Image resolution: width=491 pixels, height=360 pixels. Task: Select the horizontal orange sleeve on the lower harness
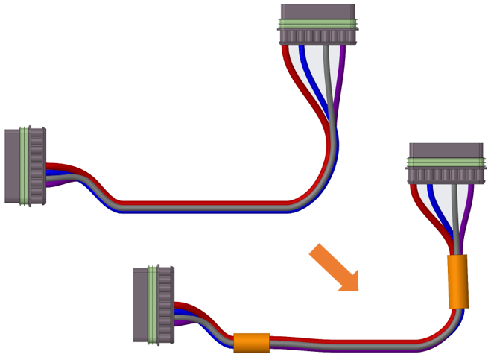pyautogui.click(x=251, y=343)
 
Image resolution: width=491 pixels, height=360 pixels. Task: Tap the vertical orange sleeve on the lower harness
pyautogui.click(x=457, y=282)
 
